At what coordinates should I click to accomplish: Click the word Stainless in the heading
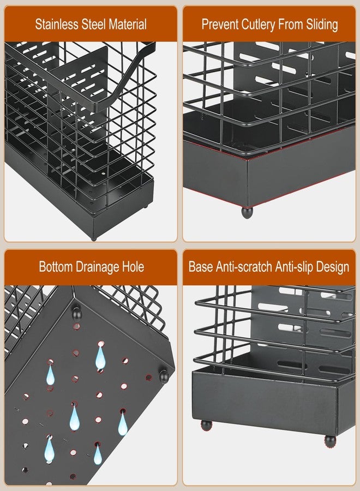click(x=56, y=25)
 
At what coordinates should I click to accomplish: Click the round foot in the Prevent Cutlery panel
click(x=247, y=212)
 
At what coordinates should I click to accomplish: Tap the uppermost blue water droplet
click(x=100, y=356)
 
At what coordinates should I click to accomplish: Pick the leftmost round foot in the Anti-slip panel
click(x=206, y=425)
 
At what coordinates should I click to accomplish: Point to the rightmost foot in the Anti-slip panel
click(x=330, y=441)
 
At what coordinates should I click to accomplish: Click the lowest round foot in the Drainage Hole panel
click(x=164, y=376)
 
